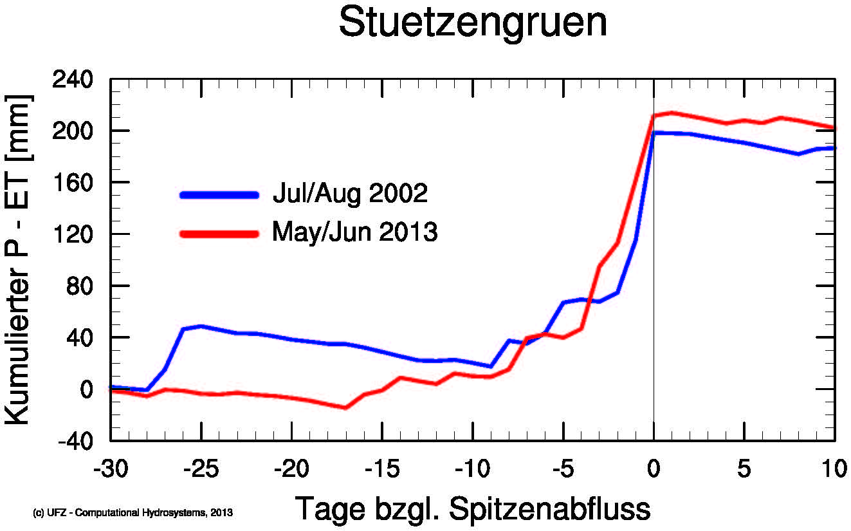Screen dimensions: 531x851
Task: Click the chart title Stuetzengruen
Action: point(473,24)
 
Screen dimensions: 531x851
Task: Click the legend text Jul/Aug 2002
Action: point(349,194)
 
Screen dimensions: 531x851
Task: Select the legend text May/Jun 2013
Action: point(354,232)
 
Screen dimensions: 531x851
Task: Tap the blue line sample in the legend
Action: point(219,194)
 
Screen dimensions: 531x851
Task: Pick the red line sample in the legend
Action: point(219,234)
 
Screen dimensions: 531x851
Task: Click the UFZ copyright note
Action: point(132,513)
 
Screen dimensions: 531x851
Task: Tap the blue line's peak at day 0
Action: point(654,133)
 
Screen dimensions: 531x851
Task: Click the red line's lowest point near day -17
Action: point(345,407)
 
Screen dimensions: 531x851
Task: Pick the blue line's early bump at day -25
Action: point(201,326)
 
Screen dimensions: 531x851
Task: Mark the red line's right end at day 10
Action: point(834,128)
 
